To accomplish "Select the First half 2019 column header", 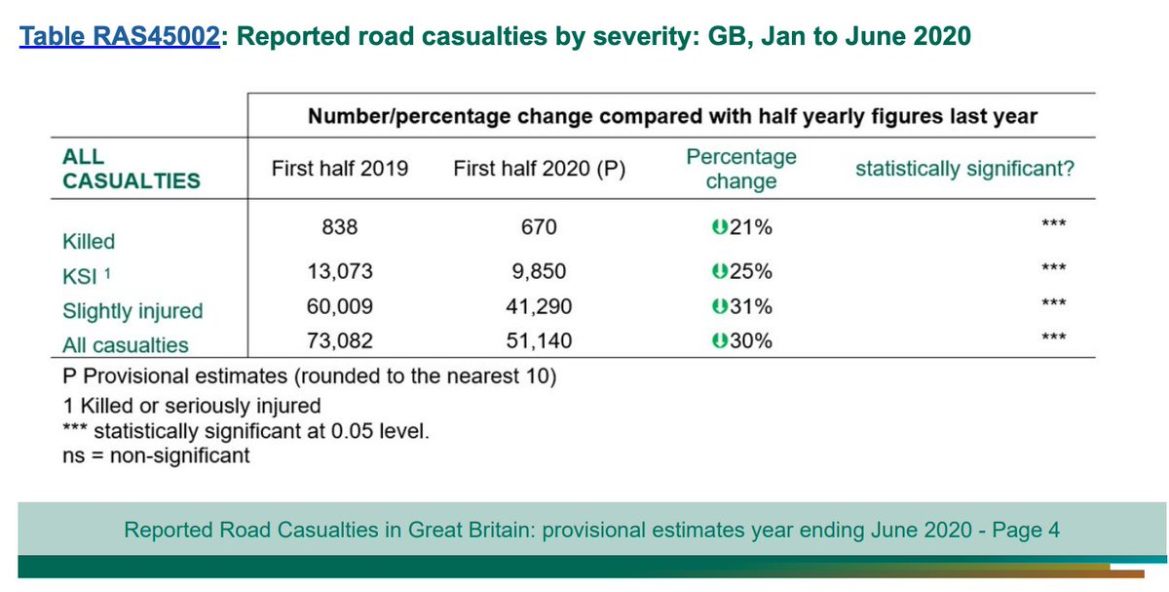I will pos(339,169).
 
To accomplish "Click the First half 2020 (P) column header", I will pos(539,169).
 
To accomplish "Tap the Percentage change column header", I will pos(741,169).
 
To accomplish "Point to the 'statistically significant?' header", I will pos(964,169).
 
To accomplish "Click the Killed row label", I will pos(89,241).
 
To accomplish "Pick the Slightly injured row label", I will pos(132,311).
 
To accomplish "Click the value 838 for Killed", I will pos(340,227).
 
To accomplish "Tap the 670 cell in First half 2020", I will pos(538,227).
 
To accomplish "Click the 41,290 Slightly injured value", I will pos(538,307).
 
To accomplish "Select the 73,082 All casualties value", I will pos(340,341).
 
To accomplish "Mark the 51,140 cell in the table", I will pos(538,341).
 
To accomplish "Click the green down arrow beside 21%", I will pos(718,227).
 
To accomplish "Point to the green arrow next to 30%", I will pos(718,341).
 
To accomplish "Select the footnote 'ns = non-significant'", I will pos(156,454).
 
